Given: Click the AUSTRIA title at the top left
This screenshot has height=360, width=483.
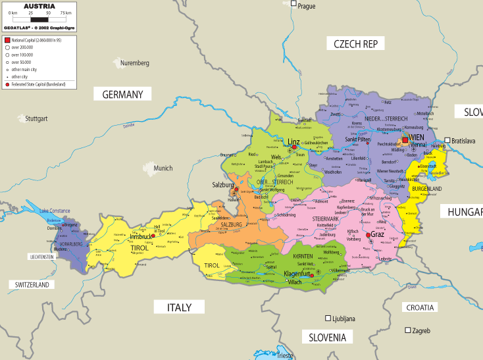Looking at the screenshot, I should tap(39, 6).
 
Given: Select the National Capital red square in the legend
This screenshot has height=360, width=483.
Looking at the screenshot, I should tap(7, 40).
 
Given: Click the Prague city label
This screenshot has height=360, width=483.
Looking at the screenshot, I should tap(307, 6).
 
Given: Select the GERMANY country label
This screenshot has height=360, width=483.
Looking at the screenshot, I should tap(122, 95).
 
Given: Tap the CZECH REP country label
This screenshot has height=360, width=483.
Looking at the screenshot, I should tap(355, 44).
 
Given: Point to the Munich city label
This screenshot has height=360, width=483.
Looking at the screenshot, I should tap(163, 168).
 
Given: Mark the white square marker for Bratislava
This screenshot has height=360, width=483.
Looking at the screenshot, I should tap(447, 140).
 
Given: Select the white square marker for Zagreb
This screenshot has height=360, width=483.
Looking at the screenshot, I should tap(408, 330).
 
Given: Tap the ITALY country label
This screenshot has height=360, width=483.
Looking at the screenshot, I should tap(179, 307).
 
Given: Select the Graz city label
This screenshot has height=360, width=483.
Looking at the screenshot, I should tap(378, 234).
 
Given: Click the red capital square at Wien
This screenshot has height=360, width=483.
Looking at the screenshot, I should tap(405, 139).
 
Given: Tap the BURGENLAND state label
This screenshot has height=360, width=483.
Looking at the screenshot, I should tap(426, 189).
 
